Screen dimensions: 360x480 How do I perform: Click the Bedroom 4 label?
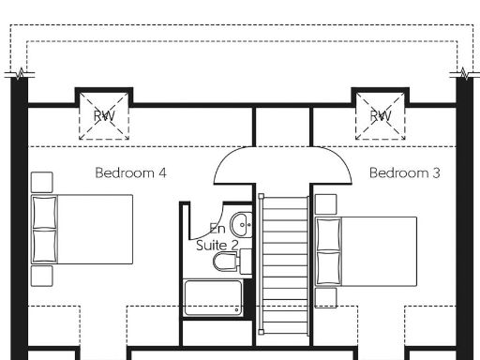click(130, 173)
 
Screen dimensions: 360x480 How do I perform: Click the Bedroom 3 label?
click(404, 173)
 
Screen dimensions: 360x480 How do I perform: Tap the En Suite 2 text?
click(217, 236)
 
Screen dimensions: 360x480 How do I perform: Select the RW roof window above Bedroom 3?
click(379, 115)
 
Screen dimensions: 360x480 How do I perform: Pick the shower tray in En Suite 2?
click(213, 298)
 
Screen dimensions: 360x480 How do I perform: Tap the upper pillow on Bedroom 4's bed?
click(45, 213)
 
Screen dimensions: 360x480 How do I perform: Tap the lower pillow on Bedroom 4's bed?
click(45, 246)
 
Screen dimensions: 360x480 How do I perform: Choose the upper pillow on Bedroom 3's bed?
click(327, 234)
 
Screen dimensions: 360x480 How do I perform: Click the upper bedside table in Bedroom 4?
click(41, 181)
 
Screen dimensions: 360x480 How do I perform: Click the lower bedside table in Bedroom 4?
click(41, 276)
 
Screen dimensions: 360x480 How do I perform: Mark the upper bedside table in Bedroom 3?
click(325, 202)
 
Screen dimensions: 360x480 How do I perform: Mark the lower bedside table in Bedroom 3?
click(325, 298)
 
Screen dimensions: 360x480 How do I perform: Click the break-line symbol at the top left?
click(18, 74)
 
